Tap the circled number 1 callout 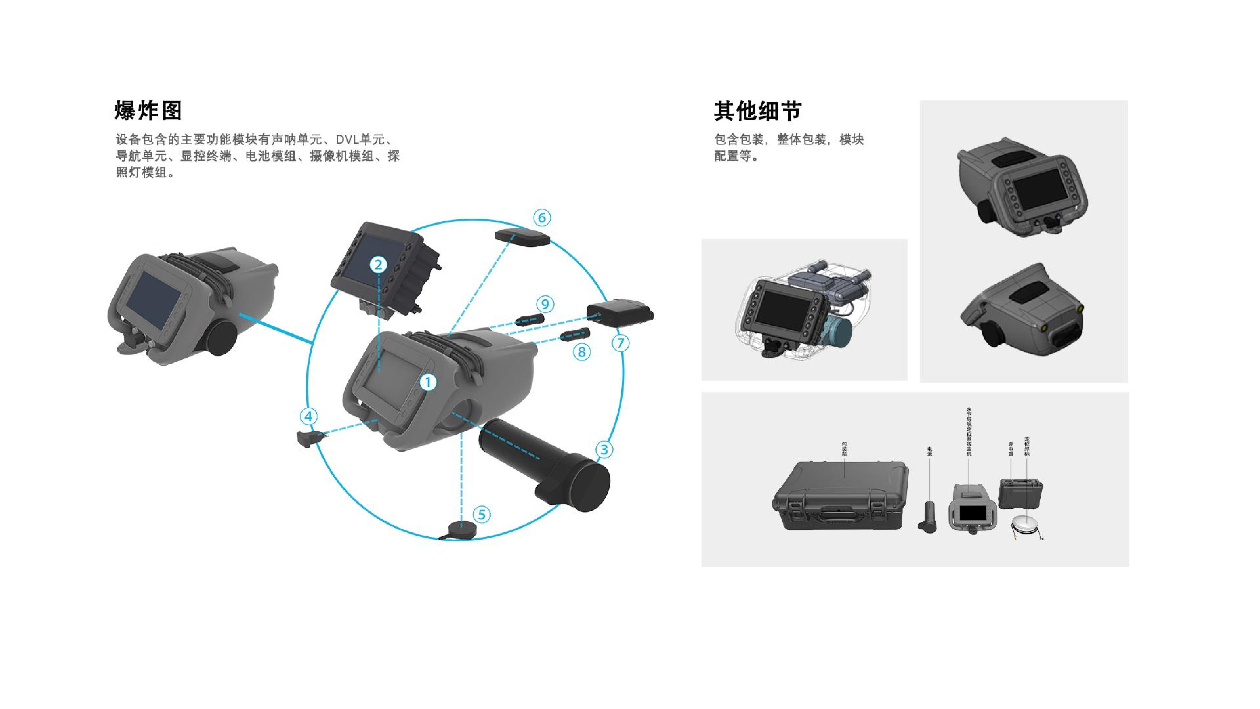pos(428,382)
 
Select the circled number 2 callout pos(378,265)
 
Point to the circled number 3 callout pos(604,449)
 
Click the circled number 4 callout pos(308,416)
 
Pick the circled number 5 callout pos(482,514)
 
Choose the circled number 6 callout pos(541,218)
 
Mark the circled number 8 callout pos(581,352)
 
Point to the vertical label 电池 pos(929,451)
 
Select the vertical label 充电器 pos(1011,449)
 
